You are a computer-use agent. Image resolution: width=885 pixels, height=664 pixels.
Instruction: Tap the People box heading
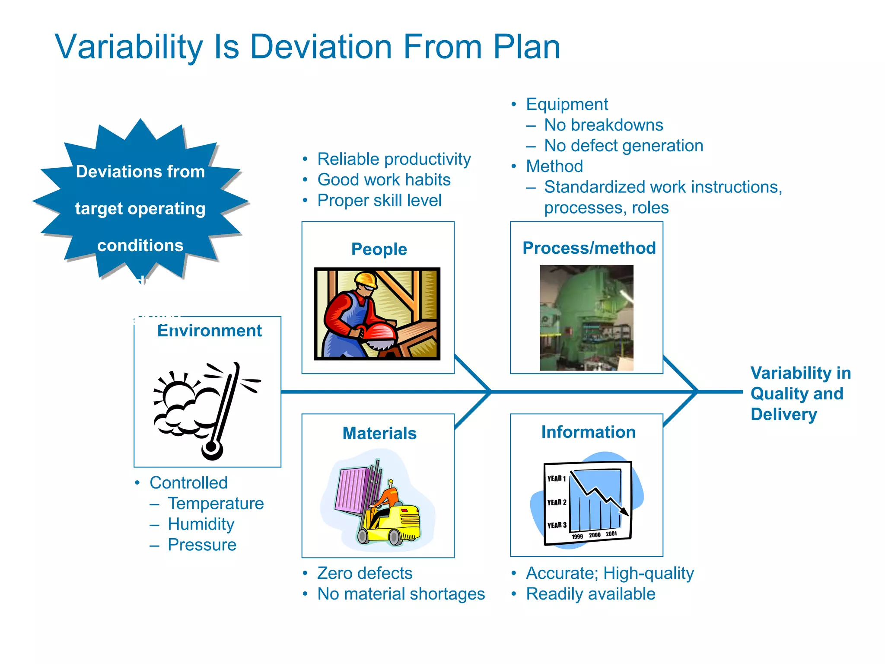379,249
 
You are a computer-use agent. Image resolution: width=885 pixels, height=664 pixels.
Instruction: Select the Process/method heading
589,248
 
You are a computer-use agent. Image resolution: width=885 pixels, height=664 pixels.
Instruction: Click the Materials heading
379,433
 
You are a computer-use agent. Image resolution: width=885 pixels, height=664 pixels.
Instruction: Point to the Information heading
588,432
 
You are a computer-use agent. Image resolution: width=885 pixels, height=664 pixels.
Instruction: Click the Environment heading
210,331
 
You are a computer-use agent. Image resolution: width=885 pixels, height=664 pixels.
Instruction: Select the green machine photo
586,318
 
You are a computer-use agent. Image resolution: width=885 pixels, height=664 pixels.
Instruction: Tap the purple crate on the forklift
352,490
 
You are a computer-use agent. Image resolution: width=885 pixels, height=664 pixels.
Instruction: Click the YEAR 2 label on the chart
556,502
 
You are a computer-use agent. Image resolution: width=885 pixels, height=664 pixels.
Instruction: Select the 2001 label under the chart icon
611,534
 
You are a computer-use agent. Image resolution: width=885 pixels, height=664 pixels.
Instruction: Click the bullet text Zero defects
365,573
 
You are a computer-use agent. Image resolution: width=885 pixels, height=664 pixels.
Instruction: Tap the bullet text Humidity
201,524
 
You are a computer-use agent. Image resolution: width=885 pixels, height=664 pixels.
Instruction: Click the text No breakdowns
603,125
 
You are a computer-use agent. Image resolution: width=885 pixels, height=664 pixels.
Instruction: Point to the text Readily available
590,594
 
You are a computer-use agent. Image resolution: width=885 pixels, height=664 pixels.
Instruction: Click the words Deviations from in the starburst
140,172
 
